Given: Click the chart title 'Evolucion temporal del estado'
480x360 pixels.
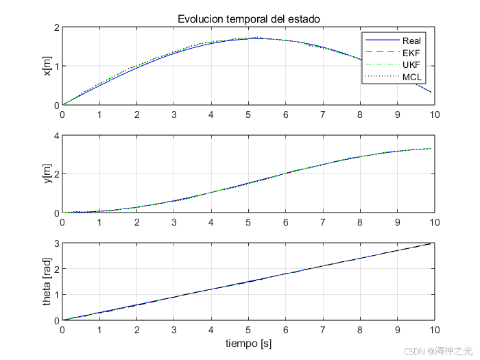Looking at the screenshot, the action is tap(248, 19).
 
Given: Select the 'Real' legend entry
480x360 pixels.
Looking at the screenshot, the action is tap(393, 40).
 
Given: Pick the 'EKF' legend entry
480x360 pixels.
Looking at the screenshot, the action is tap(393, 53).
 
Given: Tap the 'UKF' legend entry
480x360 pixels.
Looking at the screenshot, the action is tap(393, 65).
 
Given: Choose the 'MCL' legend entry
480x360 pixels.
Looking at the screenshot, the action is tap(394, 77).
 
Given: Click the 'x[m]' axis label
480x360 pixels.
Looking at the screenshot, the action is tap(47, 66).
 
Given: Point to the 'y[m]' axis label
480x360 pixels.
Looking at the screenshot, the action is tap(47, 174).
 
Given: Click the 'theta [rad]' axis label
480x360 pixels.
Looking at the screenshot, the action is tap(47, 282).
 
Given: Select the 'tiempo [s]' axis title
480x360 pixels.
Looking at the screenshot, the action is tap(248, 344).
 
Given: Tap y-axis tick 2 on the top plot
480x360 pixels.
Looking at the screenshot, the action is tap(57, 27).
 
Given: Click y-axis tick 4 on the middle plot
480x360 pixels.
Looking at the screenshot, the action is tap(57, 135).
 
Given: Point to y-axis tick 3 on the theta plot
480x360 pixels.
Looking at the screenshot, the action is tap(57, 243).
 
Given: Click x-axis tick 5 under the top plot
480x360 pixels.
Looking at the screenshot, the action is tap(248, 115).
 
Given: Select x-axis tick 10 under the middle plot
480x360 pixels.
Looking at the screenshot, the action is tap(435, 222).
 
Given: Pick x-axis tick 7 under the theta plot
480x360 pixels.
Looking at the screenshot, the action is tap(323, 330).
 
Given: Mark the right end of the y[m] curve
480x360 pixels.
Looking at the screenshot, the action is tap(431, 149).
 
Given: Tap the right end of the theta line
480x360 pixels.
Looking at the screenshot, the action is tap(431, 243).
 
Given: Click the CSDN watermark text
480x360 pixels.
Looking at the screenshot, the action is tap(438, 351).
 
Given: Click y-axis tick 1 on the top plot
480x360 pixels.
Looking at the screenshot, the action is tap(57, 66).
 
